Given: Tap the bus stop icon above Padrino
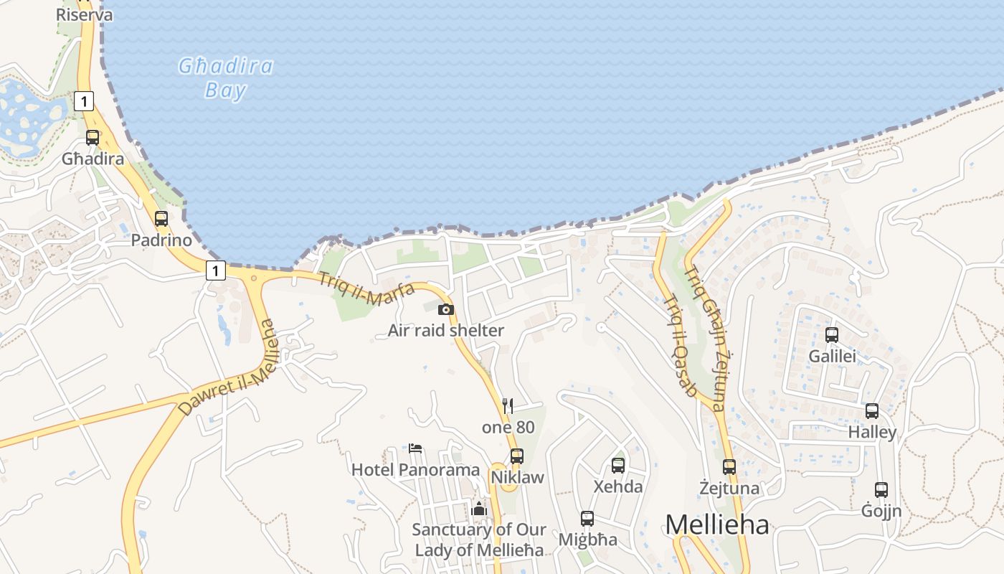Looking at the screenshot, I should pyautogui.click(x=161, y=219).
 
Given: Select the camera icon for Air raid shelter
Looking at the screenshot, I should pyautogui.click(x=446, y=309).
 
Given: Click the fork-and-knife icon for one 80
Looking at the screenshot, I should pyautogui.click(x=508, y=406).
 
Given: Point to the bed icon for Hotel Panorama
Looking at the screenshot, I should pyautogui.click(x=415, y=448).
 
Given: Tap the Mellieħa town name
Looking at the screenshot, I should pyautogui.click(x=716, y=524).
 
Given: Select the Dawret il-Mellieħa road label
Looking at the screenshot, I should pyautogui.click(x=227, y=367).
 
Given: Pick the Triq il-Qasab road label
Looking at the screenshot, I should pyautogui.click(x=679, y=346).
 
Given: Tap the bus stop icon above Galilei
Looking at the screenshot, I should pyautogui.click(x=832, y=334).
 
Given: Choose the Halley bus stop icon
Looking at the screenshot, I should pyautogui.click(x=872, y=411).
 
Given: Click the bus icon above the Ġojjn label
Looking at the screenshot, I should pyautogui.click(x=881, y=490).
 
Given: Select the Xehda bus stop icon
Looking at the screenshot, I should pyautogui.click(x=618, y=465).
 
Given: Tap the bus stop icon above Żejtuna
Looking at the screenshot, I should pyautogui.click(x=729, y=467).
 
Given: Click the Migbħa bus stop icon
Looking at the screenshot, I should pyautogui.click(x=587, y=518).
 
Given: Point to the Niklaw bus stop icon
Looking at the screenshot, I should pyautogui.click(x=516, y=456).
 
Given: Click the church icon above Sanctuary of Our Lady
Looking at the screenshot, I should pyautogui.click(x=479, y=509).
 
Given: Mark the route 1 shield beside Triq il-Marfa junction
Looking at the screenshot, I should pyautogui.click(x=215, y=270).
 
